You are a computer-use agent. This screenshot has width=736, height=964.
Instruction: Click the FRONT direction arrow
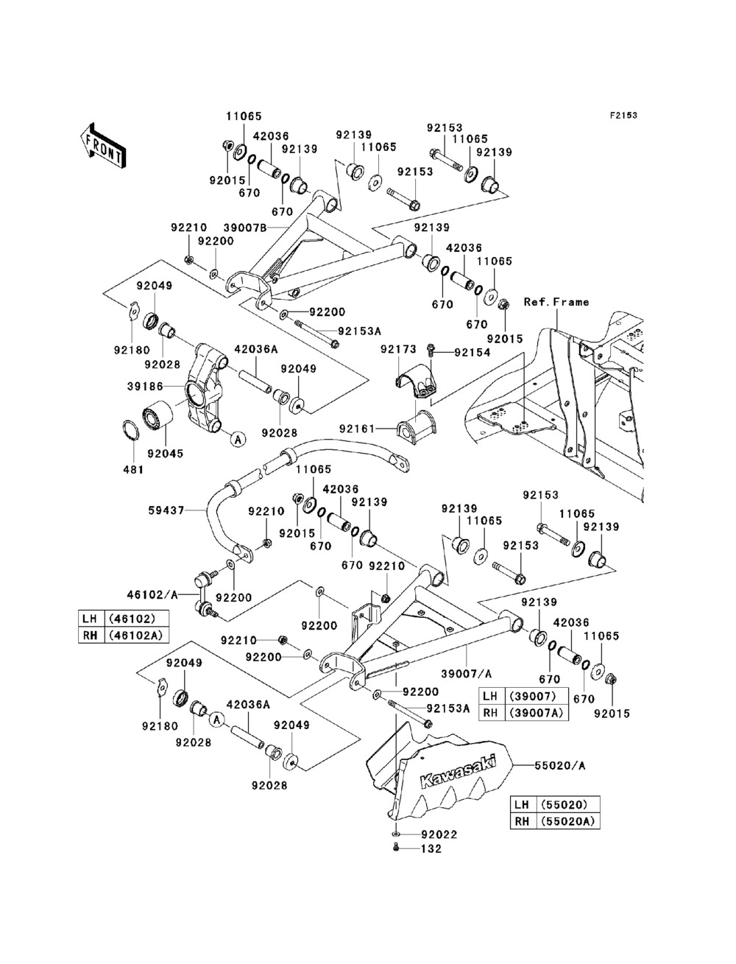click(103, 145)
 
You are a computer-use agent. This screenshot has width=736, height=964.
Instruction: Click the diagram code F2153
click(623, 116)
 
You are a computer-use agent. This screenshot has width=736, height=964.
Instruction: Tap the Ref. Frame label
click(556, 302)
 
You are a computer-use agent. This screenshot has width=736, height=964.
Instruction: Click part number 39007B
click(245, 228)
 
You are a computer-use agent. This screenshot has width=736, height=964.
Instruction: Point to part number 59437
click(167, 510)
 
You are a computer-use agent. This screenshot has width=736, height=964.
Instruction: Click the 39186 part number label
click(145, 387)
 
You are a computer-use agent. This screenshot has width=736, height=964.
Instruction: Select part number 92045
click(166, 454)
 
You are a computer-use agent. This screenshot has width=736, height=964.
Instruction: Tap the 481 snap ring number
click(133, 470)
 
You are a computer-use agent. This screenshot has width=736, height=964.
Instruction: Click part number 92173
click(398, 350)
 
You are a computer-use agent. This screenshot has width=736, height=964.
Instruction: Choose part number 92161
click(357, 427)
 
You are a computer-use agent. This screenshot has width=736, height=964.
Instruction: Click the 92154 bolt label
click(473, 352)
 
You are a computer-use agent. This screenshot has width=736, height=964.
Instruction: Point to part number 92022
click(439, 834)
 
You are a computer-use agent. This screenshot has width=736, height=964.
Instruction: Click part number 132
click(431, 849)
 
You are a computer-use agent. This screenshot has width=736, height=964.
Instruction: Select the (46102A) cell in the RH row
click(137, 635)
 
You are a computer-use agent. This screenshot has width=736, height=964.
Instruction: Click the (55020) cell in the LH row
click(568, 805)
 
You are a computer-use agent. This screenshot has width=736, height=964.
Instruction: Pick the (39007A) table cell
click(537, 712)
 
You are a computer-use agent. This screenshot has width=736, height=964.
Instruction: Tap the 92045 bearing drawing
click(158, 414)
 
